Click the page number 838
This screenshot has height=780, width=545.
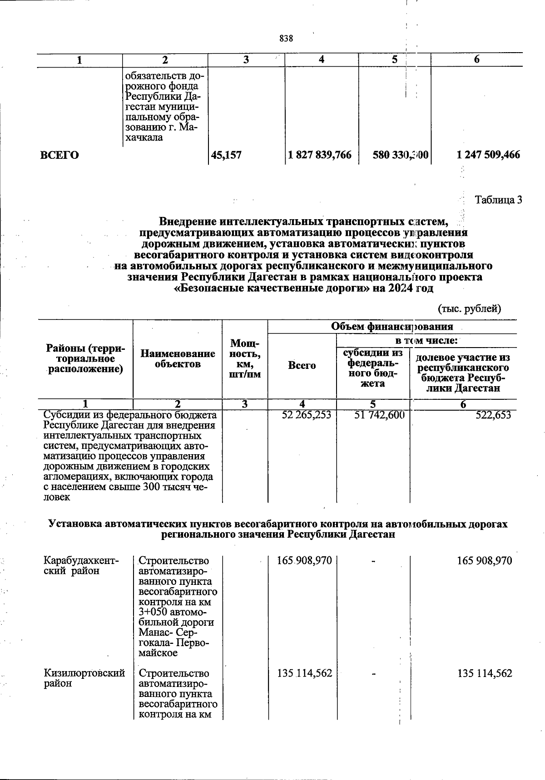point(286,39)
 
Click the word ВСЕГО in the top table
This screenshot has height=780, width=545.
point(59,155)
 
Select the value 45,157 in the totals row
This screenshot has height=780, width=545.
point(226,155)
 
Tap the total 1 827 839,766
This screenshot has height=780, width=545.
point(320,155)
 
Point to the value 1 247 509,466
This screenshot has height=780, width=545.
point(488,155)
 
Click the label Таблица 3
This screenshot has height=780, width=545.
point(498,200)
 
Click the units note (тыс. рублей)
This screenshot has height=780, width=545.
point(469,309)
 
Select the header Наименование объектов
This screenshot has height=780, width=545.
point(178,358)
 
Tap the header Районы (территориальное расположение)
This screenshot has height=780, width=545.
point(85,359)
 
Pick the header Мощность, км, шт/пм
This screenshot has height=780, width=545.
point(245,358)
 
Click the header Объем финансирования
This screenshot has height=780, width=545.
point(392,326)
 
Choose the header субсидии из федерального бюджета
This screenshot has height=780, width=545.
point(372,368)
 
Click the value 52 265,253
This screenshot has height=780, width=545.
point(307,415)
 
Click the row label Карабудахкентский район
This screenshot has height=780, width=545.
point(81,566)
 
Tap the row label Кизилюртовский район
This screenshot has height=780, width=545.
point(84,678)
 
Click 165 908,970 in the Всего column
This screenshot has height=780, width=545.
point(304,561)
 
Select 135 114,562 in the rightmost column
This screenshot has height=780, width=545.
point(485,673)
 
